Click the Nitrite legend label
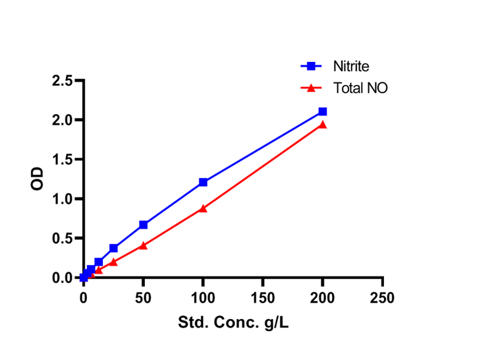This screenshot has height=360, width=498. click(350, 66)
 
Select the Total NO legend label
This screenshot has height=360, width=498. click(360, 87)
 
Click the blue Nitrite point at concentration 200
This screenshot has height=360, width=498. click(323, 111)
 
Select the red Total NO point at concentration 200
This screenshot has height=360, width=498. click(323, 124)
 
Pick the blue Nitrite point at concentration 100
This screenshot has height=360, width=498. click(203, 182)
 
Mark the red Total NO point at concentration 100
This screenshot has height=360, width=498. click(203, 208)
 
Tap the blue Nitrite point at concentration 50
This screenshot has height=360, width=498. click(143, 225)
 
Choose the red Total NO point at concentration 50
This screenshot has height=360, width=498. click(143, 245)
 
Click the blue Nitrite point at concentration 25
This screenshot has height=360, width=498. click(113, 248)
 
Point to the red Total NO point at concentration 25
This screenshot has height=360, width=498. click(113, 262)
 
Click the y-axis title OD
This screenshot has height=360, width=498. click(38, 179)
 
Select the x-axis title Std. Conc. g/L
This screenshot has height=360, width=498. click(233, 324)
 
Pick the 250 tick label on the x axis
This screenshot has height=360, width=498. click(382, 298)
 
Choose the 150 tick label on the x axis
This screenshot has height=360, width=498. click(263, 298)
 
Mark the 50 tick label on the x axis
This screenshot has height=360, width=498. click(143, 298)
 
